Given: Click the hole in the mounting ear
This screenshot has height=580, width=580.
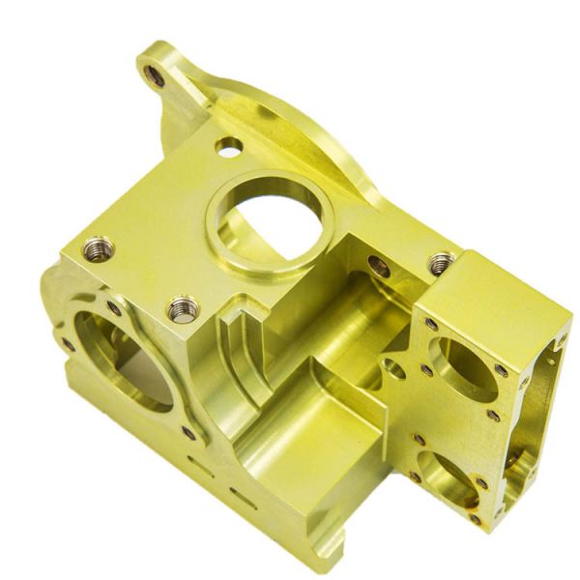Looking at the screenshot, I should tap(154, 73).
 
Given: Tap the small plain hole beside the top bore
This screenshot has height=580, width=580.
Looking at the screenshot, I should tap(229, 147).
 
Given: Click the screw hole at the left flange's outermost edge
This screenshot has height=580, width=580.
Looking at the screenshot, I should tap(68, 344).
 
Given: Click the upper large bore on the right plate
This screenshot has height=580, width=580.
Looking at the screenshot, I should tap(461, 366).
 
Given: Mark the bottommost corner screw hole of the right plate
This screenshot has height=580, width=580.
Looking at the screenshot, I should tap(476, 520).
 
